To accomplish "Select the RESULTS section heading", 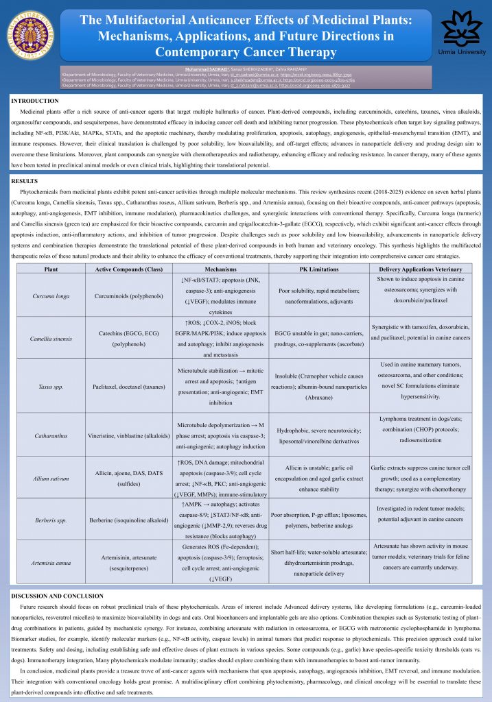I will [25, 180].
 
